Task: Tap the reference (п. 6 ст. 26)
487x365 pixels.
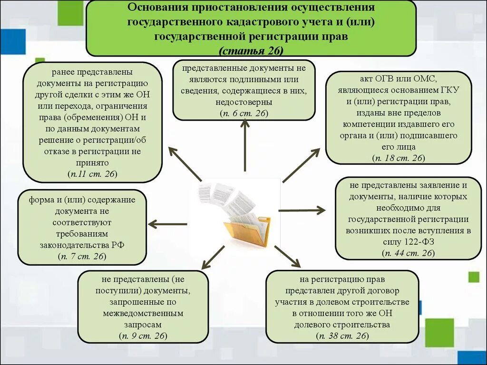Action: tap(244, 113)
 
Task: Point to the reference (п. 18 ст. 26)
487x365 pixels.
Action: tap(399, 158)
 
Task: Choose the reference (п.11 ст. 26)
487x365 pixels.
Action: tap(92, 173)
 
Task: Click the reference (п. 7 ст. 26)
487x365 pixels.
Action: tap(82, 256)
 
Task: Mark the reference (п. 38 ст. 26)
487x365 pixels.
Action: tap(342, 336)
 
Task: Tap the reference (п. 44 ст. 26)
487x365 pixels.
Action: tap(408, 253)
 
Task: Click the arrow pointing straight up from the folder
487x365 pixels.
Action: tap(245, 145)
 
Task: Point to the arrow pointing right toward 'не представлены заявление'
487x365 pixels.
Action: tap(302, 210)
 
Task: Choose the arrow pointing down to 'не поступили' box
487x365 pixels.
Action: tap(213, 258)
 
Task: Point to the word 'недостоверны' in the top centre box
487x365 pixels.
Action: tap(243, 102)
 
